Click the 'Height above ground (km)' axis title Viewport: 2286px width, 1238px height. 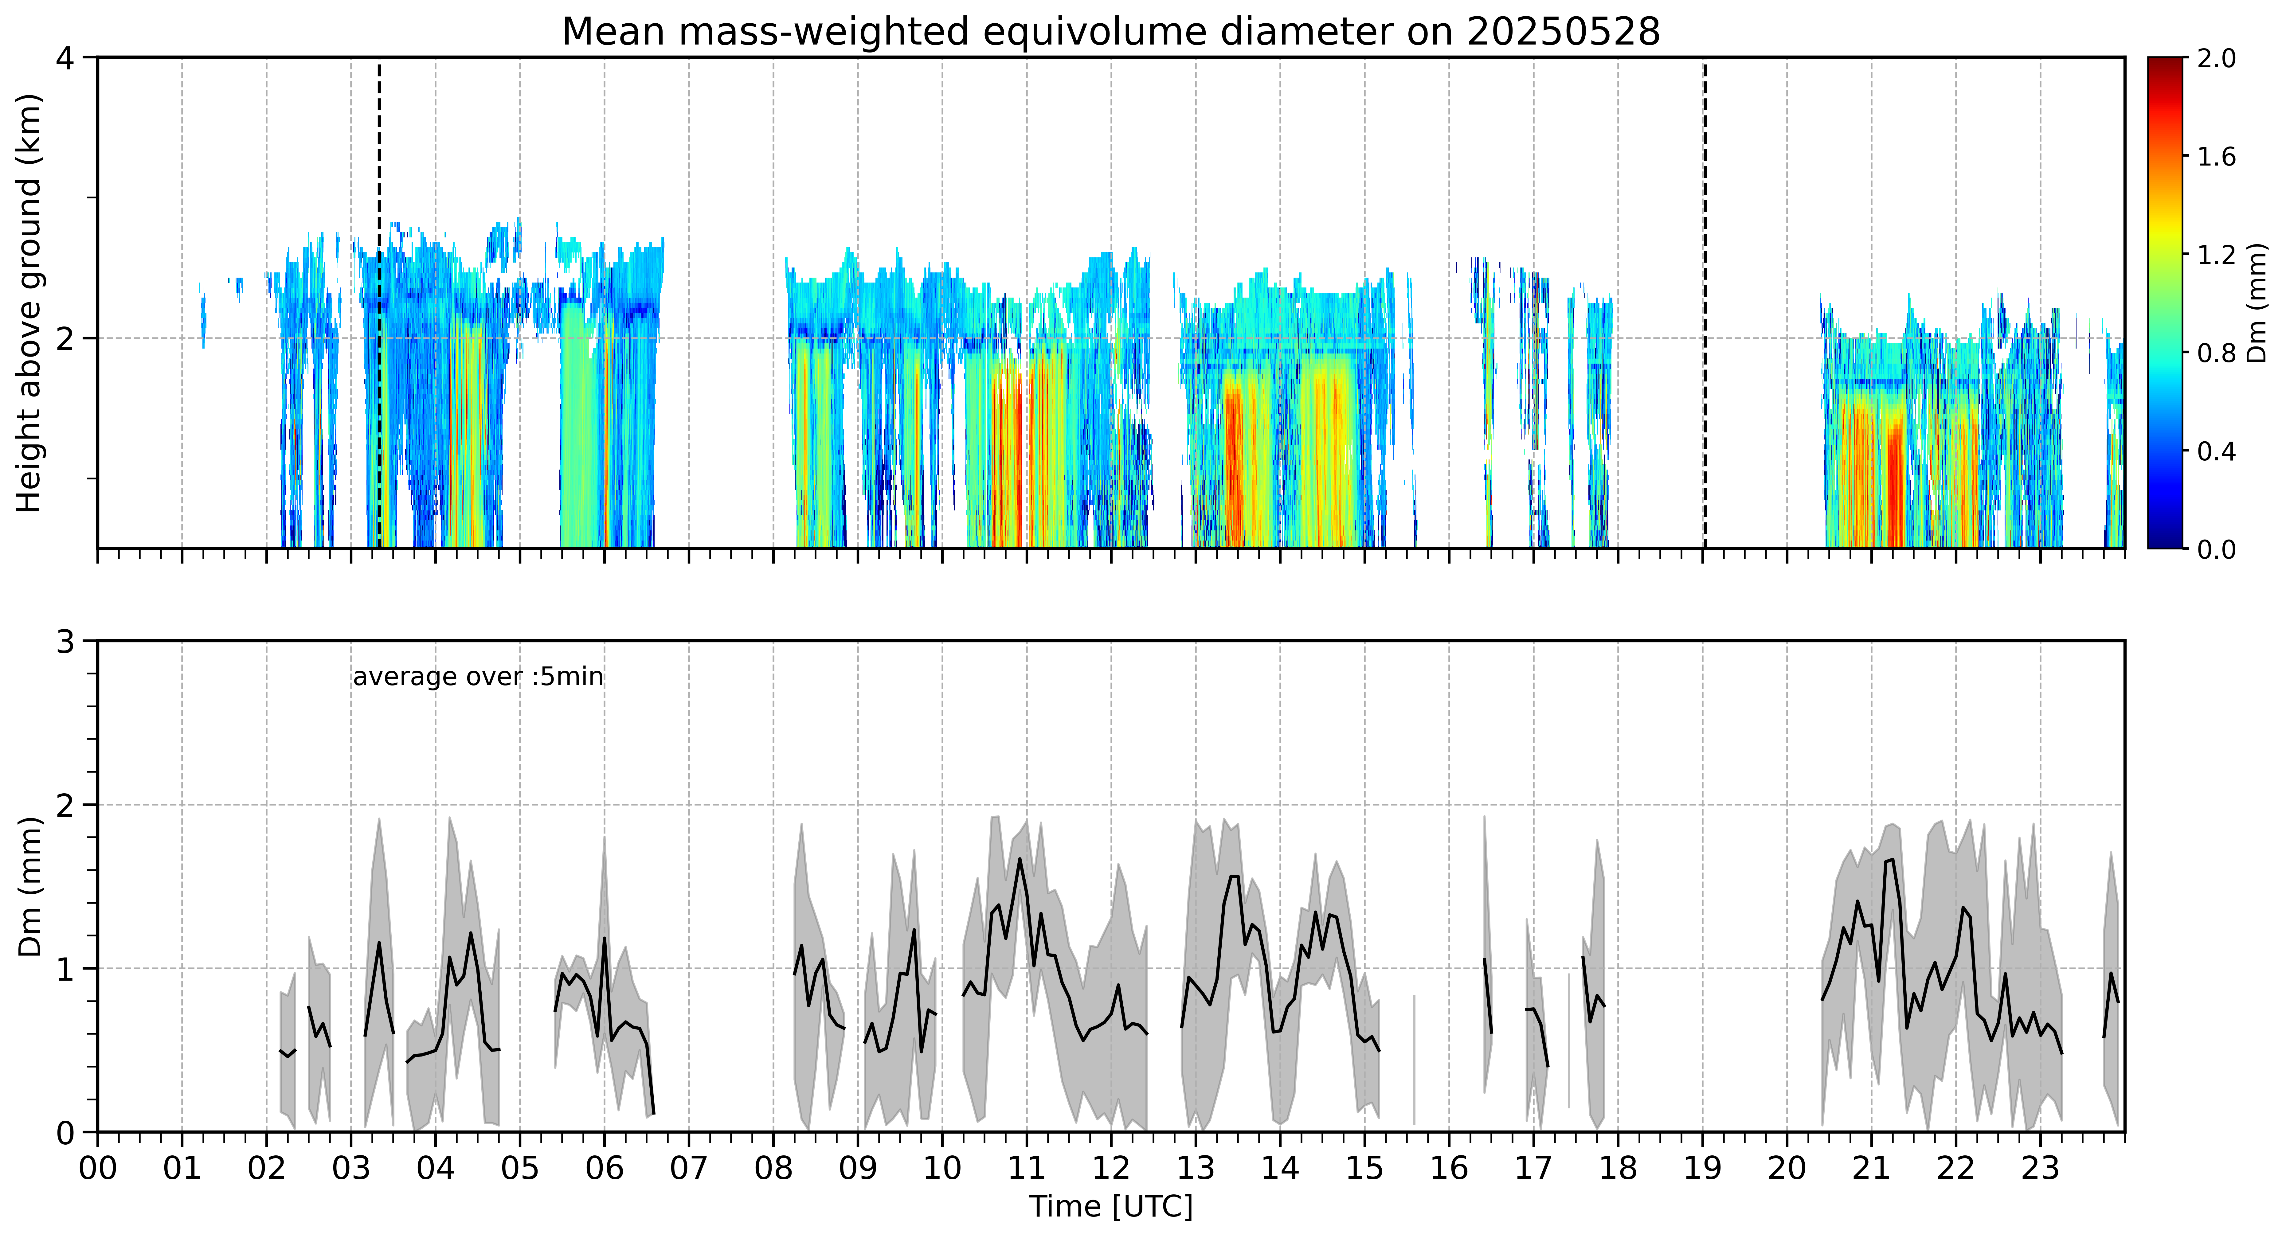click(x=29, y=303)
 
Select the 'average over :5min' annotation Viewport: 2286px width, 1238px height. click(x=477, y=677)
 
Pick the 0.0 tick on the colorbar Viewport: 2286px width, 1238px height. click(x=2216, y=549)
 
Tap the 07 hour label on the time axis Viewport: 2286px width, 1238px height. click(x=689, y=1169)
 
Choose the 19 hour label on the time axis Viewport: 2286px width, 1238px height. click(x=1702, y=1169)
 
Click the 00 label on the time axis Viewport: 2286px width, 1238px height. click(x=98, y=1169)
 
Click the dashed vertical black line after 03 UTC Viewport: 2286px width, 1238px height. click(x=379, y=303)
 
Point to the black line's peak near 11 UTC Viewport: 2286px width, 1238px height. click(x=1019, y=858)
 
